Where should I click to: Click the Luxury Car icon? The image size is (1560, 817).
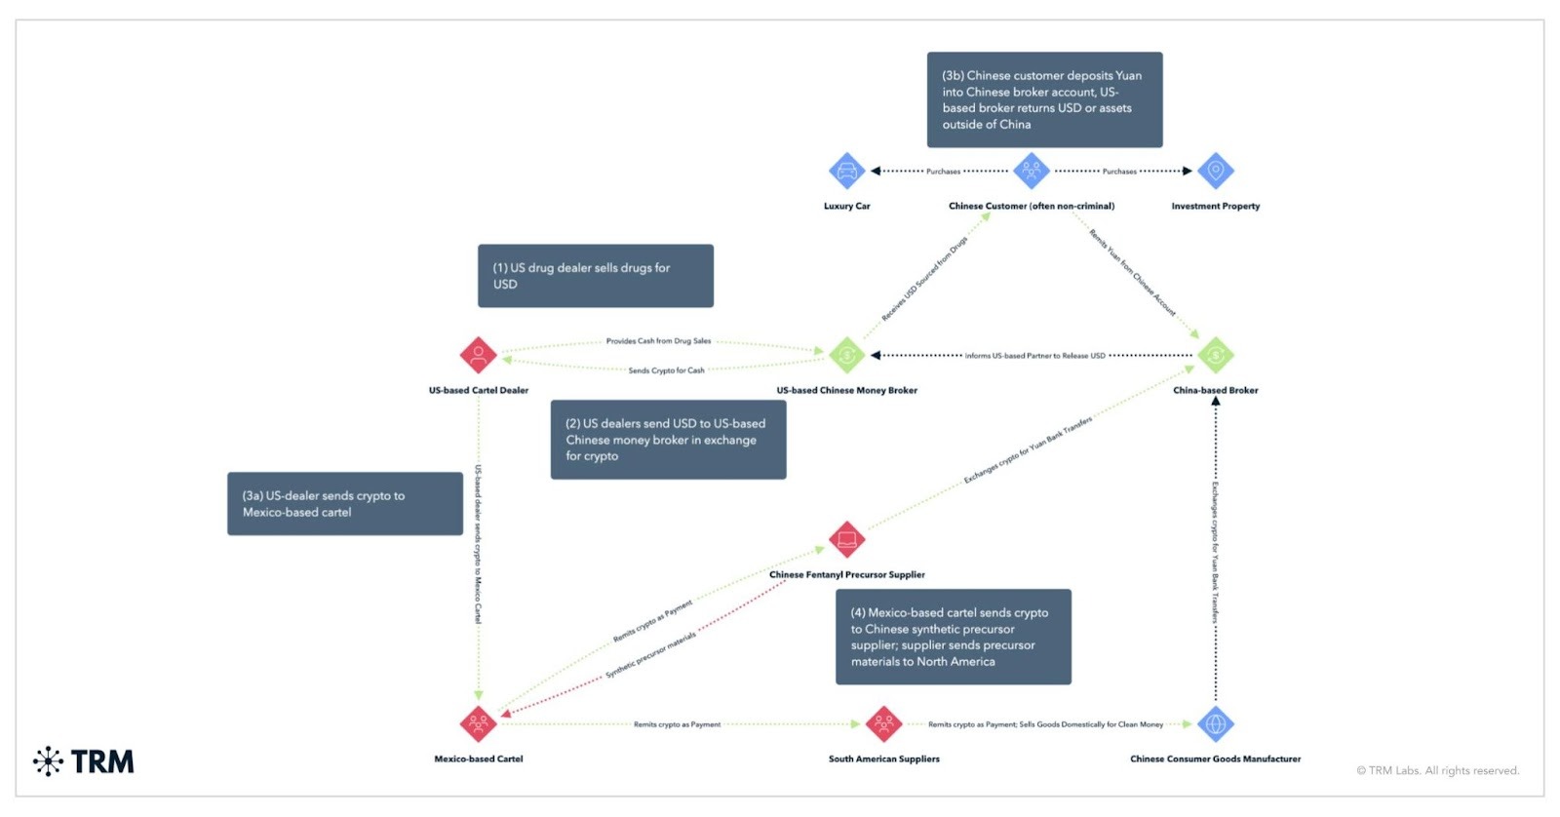(x=846, y=171)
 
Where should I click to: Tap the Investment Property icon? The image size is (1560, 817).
(x=1215, y=171)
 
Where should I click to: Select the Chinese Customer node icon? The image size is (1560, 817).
(x=1031, y=171)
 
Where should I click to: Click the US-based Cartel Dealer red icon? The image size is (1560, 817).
(x=478, y=356)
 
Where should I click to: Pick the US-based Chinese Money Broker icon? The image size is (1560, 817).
(x=846, y=356)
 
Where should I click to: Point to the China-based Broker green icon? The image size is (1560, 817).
(x=1215, y=356)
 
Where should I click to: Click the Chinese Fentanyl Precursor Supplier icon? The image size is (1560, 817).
(x=846, y=539)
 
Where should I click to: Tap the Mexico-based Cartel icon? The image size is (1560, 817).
(x=478, y=723)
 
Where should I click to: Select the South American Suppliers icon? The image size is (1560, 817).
(x=883, y=723)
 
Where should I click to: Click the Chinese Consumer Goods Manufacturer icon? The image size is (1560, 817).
(x=1215, y=723)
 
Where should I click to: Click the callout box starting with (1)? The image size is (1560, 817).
(x=595, y=276)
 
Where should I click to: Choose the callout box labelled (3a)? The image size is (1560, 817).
(x=344, y=504)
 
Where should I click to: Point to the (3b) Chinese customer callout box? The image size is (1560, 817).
(x=1044, y=99)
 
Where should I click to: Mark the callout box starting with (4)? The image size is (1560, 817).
(x=953, y=637)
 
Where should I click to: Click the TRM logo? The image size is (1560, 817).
(x=84, y=761)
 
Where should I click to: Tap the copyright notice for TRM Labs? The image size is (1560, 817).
(x=1437, y=771)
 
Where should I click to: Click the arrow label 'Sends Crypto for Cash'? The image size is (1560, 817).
(x=666, y=370)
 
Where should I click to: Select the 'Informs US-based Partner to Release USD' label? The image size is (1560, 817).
(x=1034, y=356)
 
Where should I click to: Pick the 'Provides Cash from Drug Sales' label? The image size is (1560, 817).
(x=658, y=341)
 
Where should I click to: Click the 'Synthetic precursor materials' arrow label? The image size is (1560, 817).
(x=650, y=655)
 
